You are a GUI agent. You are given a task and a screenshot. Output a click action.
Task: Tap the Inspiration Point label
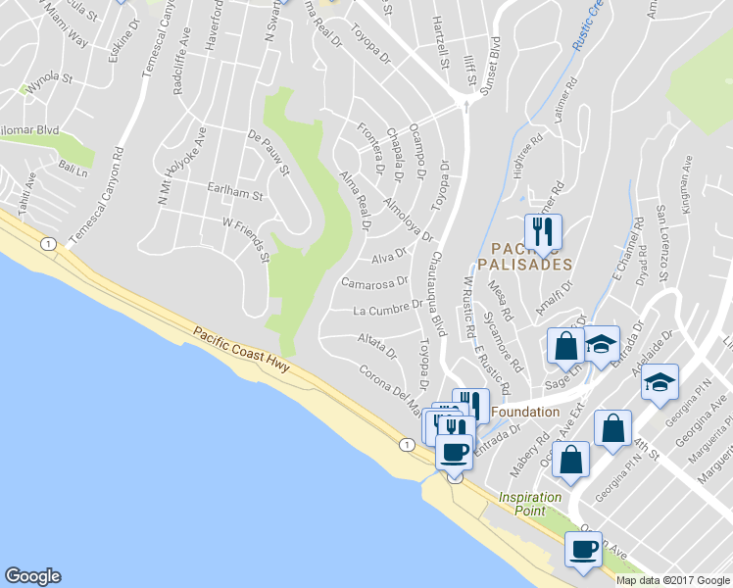pos(529,504)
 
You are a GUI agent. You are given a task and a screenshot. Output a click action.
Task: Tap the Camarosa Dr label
pos(373,283)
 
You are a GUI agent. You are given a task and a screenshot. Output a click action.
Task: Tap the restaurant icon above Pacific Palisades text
pos(543,232)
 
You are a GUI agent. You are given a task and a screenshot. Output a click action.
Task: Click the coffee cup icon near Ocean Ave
pos(585,551)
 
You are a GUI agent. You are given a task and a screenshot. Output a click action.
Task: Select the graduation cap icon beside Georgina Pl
pos(660,382)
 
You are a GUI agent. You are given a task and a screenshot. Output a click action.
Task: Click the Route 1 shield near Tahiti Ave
pos(45,244)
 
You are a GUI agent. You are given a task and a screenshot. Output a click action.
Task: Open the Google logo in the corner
pos(32,576)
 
